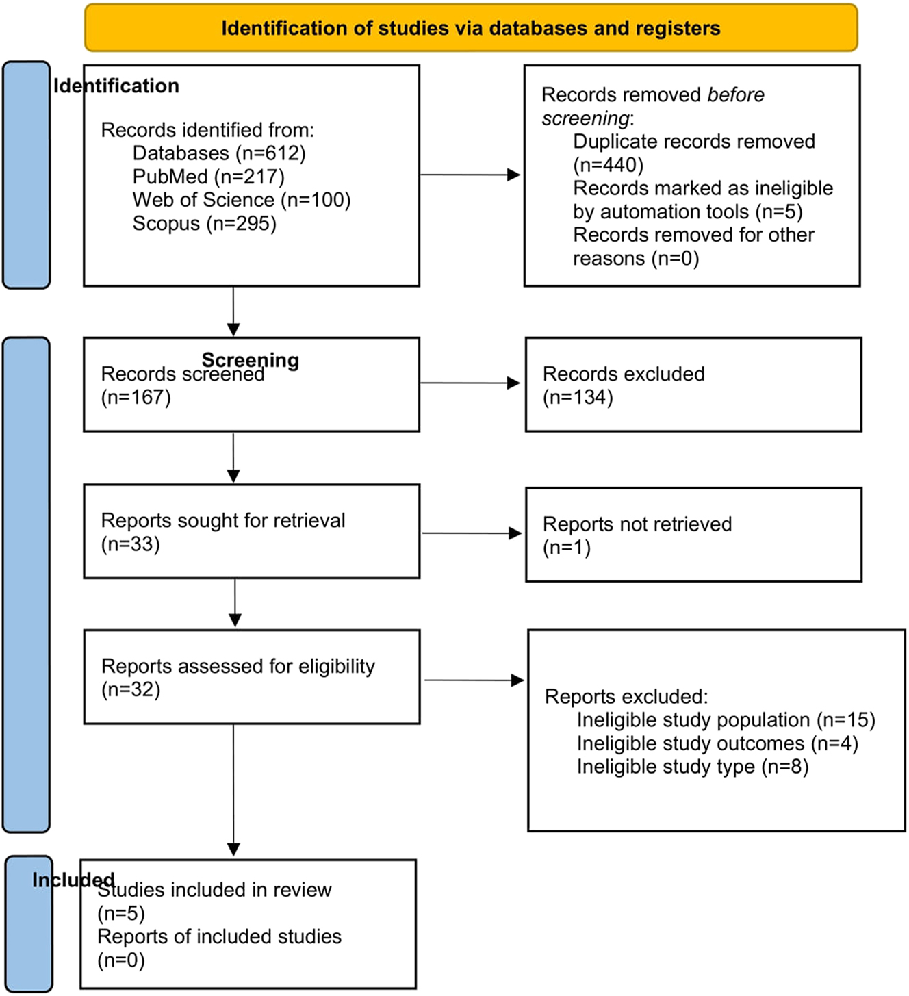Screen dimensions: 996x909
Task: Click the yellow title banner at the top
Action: pos(471,28)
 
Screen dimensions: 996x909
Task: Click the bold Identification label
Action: pos(116,86)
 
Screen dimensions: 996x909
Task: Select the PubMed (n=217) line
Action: pos(208,177)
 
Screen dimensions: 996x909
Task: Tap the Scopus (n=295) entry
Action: pos(204,223)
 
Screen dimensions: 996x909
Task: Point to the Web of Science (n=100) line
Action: pos(241,200)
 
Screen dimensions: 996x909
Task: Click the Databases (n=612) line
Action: pos(218,153)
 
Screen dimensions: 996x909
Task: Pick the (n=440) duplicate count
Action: pos(608,165)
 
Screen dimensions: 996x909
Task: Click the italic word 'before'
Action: pos(735,94)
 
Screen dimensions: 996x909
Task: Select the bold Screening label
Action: pos(250,359)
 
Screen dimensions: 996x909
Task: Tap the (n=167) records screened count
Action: pos(136,397)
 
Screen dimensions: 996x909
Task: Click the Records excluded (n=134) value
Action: pos(577,397)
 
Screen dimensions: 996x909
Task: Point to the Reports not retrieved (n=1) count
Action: pos(566,548)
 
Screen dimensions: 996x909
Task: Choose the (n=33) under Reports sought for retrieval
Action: pos(130,544)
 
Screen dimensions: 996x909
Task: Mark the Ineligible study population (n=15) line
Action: pos(726,720)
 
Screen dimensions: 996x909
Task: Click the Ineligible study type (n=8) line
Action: pos(692,767)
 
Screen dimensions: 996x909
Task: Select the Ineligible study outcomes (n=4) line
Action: pos(717,743)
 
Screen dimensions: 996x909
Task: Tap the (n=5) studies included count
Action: pos(120,913)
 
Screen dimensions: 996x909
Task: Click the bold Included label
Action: pos(73,880)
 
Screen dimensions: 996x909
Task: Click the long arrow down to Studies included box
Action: pos(233,787)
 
